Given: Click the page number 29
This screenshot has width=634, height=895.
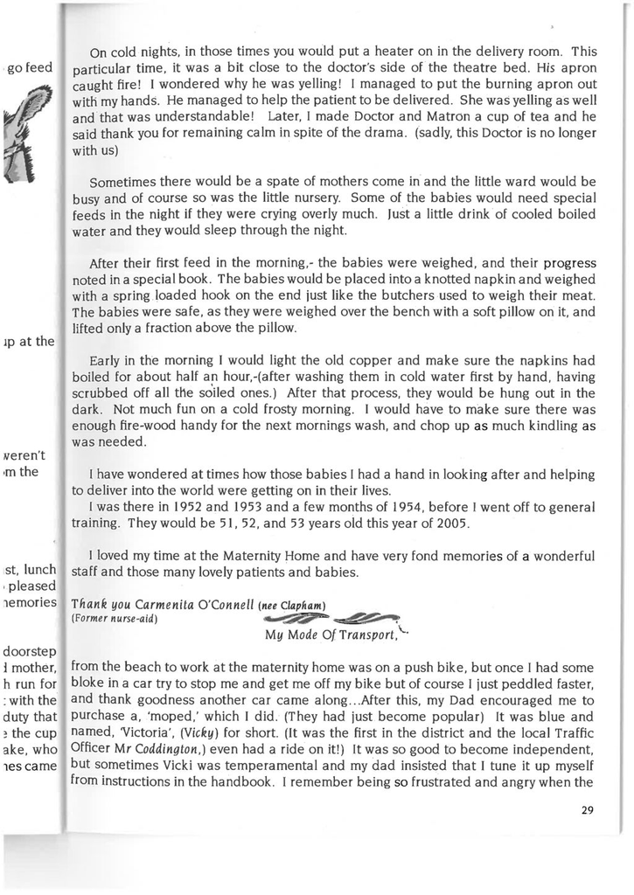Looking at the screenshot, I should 587,810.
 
